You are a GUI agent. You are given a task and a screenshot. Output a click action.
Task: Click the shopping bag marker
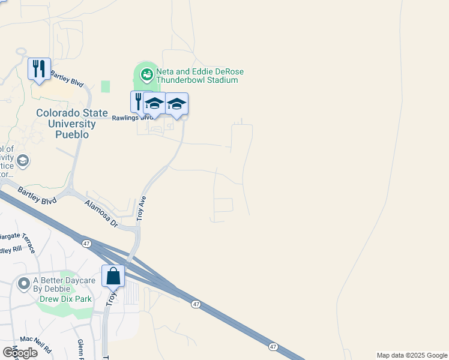[x=113, y=277]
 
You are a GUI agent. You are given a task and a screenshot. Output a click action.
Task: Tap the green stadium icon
[x=146, y=75]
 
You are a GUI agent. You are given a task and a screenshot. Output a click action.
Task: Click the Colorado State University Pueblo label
[x=72, y=124]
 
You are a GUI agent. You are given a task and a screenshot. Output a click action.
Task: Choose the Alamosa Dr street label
[x=101, y=214]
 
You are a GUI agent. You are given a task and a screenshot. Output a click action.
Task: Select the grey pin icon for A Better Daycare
[x=24, y=282]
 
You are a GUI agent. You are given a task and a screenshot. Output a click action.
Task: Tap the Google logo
[x=20, y=352]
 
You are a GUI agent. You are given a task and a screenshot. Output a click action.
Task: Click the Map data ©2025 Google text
[x=412, y=355]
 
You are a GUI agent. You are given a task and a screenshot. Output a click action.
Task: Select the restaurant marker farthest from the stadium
[x=39, y=68]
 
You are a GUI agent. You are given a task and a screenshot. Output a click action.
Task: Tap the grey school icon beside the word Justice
[x=23, y=160]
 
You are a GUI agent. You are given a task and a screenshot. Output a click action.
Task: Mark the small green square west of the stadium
[x=106, y=86]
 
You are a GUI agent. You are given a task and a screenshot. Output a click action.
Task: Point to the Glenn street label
[x=80, y=348]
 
